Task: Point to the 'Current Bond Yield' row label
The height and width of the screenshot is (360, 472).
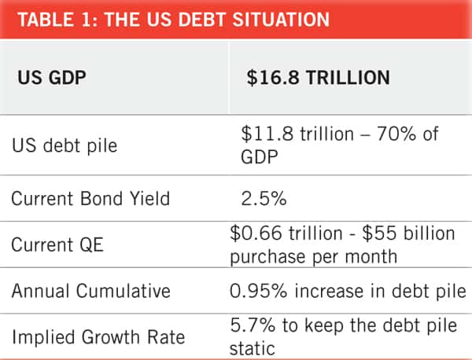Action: pyautogui.click(x=90, y=197)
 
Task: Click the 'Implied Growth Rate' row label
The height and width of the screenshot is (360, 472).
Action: pyautogui.click(x=98, y=337)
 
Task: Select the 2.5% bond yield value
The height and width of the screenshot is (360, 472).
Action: pyautogui.click(x=264, y=197)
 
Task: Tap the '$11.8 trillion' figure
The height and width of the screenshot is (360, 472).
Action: pyautogui.click(x=291, y=135)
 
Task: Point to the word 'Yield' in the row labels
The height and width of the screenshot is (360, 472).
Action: pyautogui.click(x=148, y=197)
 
